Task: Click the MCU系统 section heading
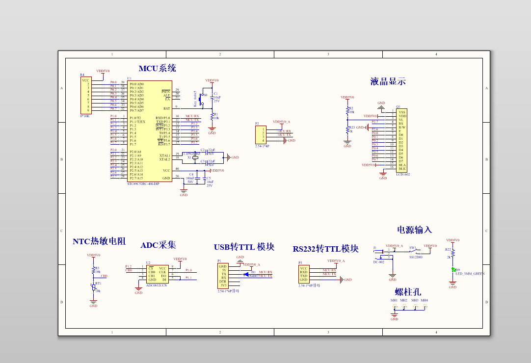[x=157, y=68]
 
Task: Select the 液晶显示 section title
[x=388, y=81]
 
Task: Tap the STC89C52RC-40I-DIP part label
[x=143, y=184]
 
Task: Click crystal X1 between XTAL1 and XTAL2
[x=195, y=157]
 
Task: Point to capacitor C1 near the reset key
[x=212, y=97]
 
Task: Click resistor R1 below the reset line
[x=212, y=116]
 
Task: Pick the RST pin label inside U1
[x=167, y=108]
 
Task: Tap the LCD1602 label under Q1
[x=403, y=174]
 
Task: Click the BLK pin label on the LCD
[x=402, y=169]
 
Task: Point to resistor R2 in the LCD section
[x=347, y=110]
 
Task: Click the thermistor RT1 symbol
[x=93, y=287]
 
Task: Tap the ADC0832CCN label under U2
[x=157, y=285]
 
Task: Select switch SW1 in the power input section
[x=413, y=251]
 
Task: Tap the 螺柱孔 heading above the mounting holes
[x=408, y=292]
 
